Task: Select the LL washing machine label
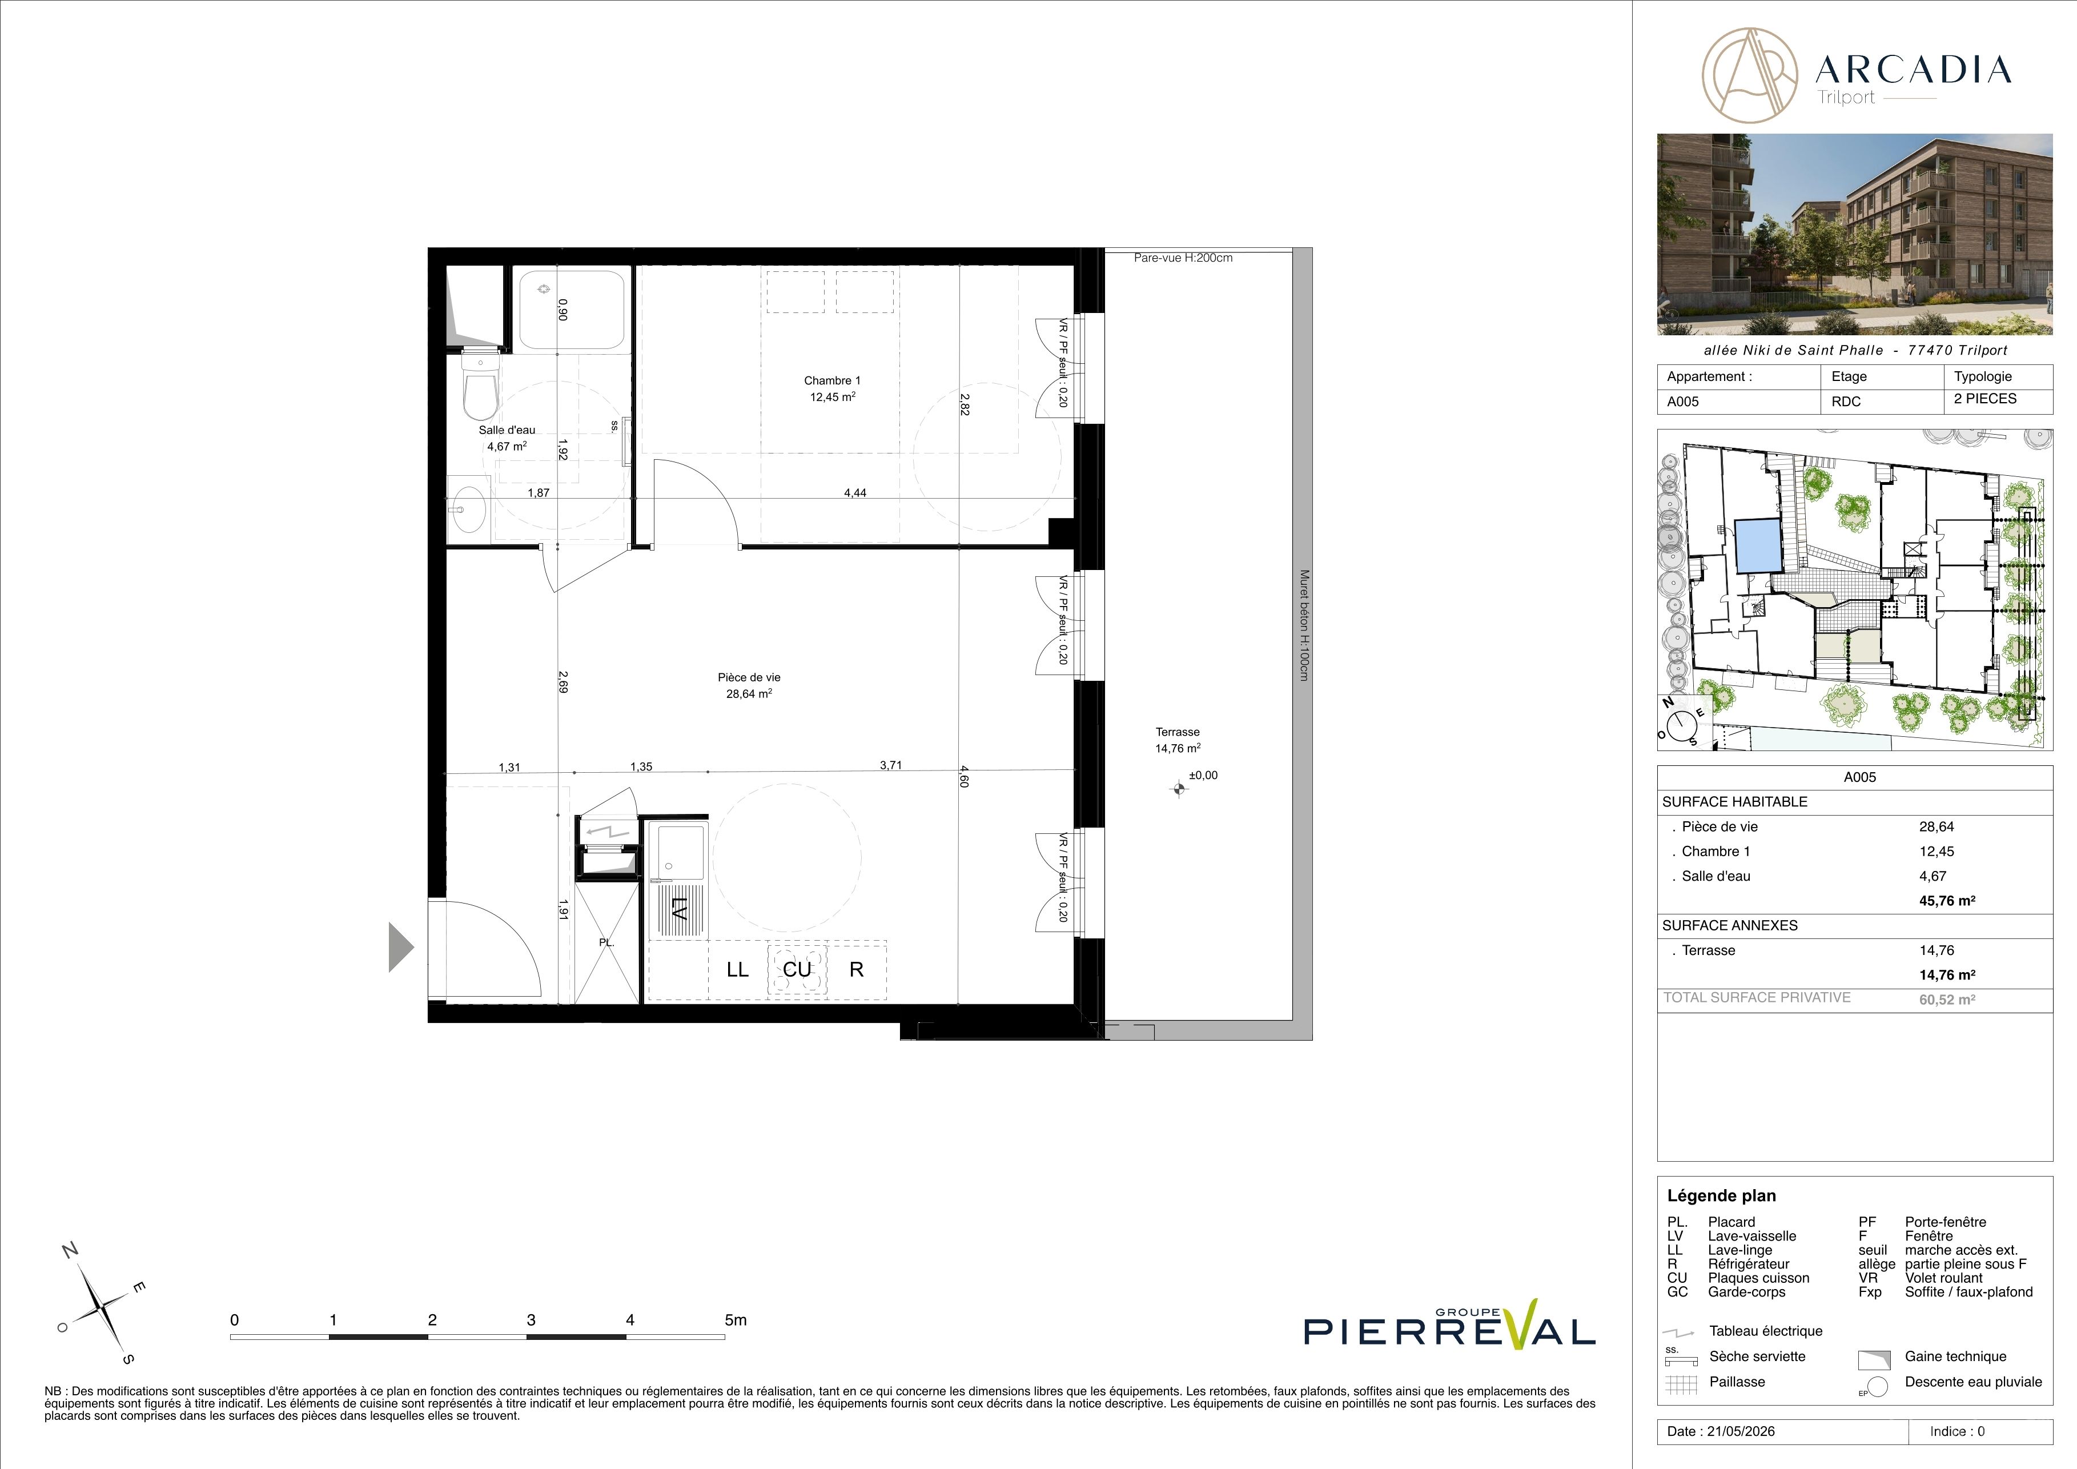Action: pyautogui.click(x=737, y=970)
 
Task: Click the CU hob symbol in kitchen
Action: pyautogui.click(x=797, y=970)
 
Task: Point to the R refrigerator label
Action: pyautogui.click(x=856, y=970)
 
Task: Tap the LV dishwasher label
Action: pyautogui.click(x=678, y=907)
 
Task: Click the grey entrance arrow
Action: pyautogui.click(x=401, y=947)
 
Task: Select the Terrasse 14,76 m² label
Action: pyautogui.click(x=1177, y=740)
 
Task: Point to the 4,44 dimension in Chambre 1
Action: pyautogui.click(x=855, y=493)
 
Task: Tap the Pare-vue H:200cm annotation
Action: pyautogui.click(x=1183, y=258)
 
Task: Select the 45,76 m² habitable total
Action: pyautogui.click(x=1947, y=901)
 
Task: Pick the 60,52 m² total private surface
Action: pyautogui.click(x=1947, y=1000)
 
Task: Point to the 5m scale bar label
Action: pyautogui.click(x=736, y=1320)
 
